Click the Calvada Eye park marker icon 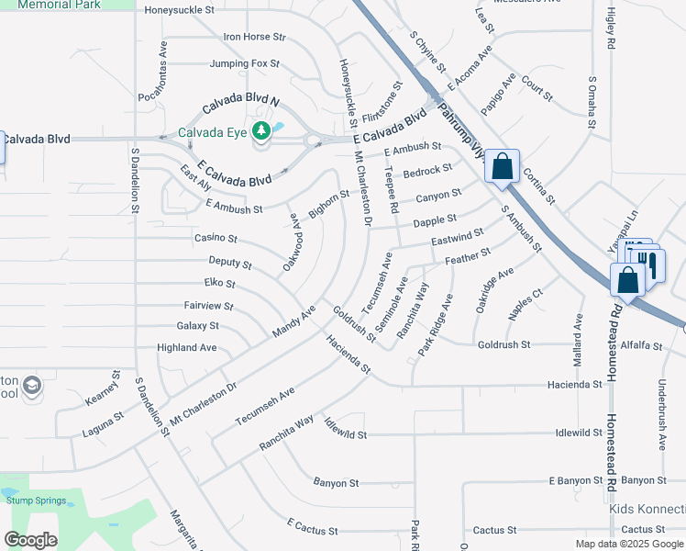pos(262,131)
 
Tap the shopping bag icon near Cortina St pos(502,167)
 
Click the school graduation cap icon pos(33,385)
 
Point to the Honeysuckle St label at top pos(180,11)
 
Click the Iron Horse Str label pos(255,38)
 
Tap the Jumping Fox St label pos(244,64)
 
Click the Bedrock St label pos(428,171)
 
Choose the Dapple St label pos(435,220)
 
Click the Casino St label pos(216,239)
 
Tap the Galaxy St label pos(197,326)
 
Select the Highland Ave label pos(187,348)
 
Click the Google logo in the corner pos(30,540)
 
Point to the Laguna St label pos(104,417)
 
